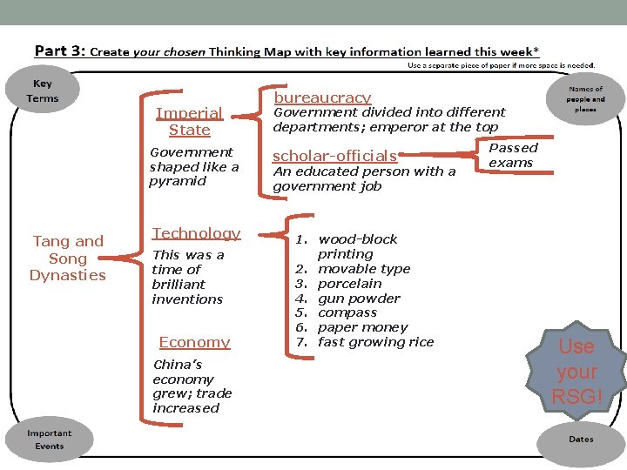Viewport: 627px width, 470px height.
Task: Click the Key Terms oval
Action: [43, 91]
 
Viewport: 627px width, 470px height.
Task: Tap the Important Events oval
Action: [49, 440]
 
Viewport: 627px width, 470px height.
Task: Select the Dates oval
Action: [581, 440]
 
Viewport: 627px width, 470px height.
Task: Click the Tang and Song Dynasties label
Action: [68, 258]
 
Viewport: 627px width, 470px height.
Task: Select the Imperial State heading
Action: [189, 122]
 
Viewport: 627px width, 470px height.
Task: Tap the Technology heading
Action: [196, 233]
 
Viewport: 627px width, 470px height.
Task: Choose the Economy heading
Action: [195, 342]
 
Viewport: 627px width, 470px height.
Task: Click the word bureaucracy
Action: [322, 97]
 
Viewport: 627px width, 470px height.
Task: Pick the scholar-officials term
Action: [334, 157]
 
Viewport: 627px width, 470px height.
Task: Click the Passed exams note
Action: [513, 155]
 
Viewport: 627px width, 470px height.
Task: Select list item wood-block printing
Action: [357, 246]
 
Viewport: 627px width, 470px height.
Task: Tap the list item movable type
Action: [364, 269]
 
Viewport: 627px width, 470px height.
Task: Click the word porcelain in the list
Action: [350, 284]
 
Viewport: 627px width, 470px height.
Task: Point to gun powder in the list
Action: [359, 299]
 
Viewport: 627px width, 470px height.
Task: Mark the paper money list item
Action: [362, 328]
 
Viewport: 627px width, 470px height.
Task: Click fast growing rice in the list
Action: [375, 343]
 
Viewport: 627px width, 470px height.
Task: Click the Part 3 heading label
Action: [60, 50]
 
